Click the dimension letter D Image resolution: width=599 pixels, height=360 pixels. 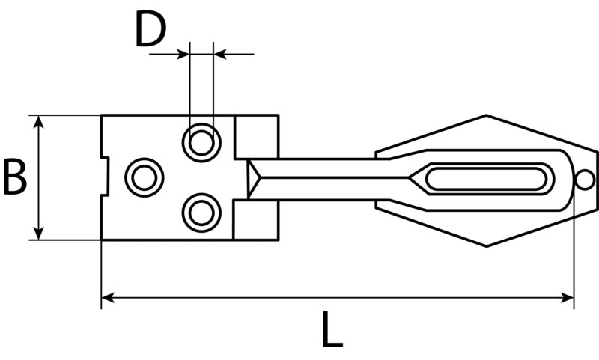(x=151, y=29)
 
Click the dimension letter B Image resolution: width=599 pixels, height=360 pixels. (x=15, y=177)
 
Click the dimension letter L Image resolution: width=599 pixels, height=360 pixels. (x=332, y=329)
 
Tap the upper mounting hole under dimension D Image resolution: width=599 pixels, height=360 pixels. (x=201, y=143)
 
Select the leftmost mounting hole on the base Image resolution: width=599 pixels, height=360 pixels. (x=145, y=177)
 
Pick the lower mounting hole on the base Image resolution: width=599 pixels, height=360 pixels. (x=201, y=213)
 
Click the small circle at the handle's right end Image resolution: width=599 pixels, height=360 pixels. (x=585, y=180)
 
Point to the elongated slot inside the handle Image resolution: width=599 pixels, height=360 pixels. (x=486, y=179)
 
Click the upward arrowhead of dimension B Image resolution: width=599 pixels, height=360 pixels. (x=38, y=122)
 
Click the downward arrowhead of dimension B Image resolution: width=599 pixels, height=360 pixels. (x=38, y=233)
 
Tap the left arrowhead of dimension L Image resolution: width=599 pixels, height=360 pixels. (x=108, y=297)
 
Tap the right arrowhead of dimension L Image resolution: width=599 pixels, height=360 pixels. (x=567, y=297)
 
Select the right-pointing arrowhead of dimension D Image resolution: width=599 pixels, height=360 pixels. (x=183, y=54)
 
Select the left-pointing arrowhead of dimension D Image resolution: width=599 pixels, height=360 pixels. (x=220, y=54)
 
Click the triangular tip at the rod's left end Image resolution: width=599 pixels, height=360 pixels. (x=253, y=178)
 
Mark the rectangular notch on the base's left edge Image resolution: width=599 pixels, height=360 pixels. (x=105, y=176)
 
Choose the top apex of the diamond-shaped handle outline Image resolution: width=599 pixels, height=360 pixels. (x=486, y=115)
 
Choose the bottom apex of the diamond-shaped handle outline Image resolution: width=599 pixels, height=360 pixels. (x=486, y=247)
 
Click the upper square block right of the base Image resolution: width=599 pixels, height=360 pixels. (x=256, y=137)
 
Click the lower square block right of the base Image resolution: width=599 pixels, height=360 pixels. (x=256, y=220)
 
